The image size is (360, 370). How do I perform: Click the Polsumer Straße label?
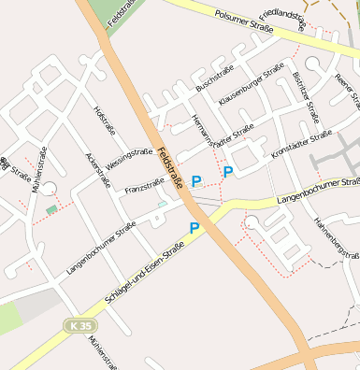coord(243,21)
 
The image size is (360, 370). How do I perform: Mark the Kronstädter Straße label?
coord(301,142)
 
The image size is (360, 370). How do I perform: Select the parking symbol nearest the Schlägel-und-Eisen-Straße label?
coord(194,228)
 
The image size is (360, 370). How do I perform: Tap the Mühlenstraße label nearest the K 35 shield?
coord(102,352)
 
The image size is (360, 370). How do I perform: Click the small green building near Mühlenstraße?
coord(50,208)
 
